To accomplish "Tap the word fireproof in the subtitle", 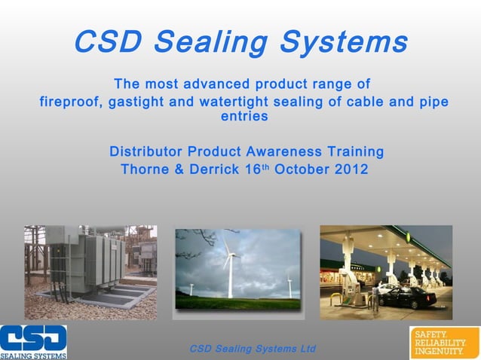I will click(69, 102).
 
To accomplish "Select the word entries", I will click(244, 117).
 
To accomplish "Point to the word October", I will click(302, 169).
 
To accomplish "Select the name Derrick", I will click(214, 169).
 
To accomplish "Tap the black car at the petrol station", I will click(406, 296).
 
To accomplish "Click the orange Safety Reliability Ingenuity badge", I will click(444, 343).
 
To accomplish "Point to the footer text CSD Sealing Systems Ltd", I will click(253, 349).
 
